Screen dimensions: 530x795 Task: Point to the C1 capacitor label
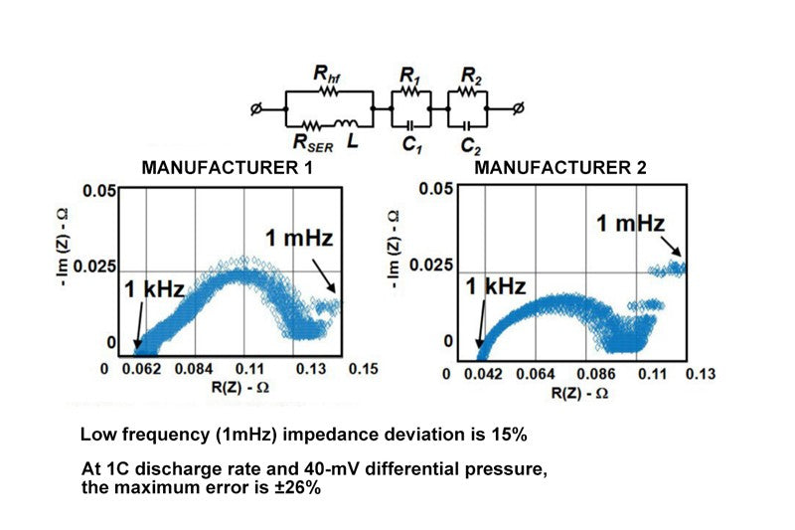coord(409,145)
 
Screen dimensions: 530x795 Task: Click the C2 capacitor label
coord(470,145)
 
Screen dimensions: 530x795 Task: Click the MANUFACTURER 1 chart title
coord(228,168)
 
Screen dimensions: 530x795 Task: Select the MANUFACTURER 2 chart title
coord(560,168)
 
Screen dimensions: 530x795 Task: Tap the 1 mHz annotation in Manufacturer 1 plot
coord(298,238)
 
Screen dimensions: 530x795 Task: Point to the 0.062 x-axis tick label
coord(142,370)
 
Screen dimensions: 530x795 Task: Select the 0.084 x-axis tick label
coord(198,370)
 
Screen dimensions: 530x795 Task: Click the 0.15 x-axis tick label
coord(364,370)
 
